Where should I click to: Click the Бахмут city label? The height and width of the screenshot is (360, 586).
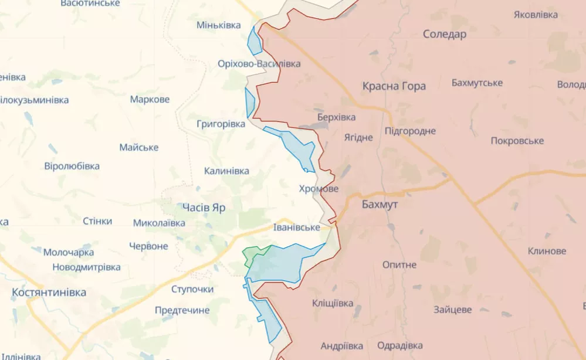380,205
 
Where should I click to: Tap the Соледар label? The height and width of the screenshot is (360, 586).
445,34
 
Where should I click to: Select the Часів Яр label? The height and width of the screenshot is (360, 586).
204,208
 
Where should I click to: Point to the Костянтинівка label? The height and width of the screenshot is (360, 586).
49,292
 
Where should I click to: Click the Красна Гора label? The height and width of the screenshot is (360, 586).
394,86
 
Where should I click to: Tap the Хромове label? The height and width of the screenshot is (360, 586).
319,189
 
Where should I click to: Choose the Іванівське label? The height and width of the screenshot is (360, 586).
296,227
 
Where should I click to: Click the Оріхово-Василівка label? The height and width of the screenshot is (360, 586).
259,63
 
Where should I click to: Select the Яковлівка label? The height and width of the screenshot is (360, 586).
536,15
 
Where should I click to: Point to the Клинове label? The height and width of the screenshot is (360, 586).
547,251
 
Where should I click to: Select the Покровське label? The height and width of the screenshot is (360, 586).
517,141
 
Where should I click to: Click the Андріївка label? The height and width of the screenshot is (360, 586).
342,346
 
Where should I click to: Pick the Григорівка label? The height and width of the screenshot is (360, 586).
221,124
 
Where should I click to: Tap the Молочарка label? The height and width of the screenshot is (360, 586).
69,252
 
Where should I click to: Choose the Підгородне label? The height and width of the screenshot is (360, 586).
410,131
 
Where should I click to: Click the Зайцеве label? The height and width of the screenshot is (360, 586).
452,310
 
